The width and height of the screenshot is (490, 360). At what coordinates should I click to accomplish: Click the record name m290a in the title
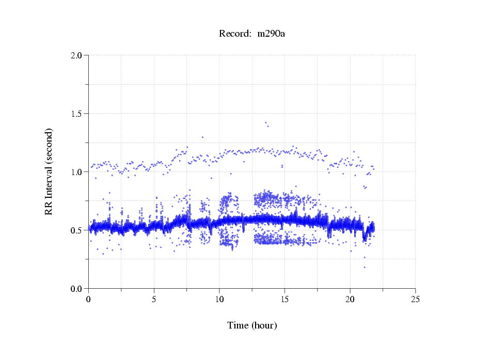(272, 34)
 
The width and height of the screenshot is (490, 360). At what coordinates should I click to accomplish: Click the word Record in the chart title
(233, 34)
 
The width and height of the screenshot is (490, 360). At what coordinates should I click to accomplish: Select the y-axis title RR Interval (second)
(49, 171)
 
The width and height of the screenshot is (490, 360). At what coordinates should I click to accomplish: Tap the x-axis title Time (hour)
(252, 325)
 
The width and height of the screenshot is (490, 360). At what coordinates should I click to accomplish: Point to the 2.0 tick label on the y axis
(76, 55)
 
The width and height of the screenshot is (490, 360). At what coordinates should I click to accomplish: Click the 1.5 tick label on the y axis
(76, 114)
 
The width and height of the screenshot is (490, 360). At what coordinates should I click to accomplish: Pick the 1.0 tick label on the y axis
(76, 172)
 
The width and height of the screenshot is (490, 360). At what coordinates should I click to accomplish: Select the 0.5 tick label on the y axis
(76, 230)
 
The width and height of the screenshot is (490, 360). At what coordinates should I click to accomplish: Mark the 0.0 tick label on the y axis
(76, 289)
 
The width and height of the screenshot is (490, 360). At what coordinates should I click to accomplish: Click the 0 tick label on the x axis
(89, 299)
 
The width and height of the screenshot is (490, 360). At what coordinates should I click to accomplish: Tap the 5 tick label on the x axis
(154, 299)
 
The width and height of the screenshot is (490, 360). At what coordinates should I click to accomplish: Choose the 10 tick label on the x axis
(219, 299)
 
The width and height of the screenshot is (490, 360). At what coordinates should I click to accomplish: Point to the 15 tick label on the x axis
(284, 299)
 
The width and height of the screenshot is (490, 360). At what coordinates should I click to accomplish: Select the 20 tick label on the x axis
(350, 299)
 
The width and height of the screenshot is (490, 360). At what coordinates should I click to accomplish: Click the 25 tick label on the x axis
(415, 299)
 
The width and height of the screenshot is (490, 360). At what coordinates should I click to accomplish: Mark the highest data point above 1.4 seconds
(265, 123)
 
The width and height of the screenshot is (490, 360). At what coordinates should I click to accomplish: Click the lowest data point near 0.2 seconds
(364, 268)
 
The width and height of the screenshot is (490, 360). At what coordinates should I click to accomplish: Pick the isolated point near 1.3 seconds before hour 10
(202, 137)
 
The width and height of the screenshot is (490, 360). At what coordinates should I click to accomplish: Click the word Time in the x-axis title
(238, 325)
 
